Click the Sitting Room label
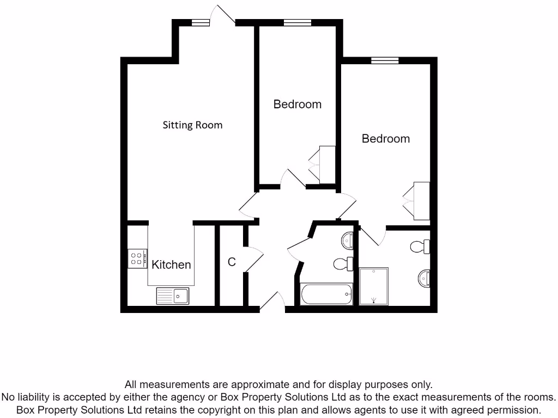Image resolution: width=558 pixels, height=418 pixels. coord(192,125)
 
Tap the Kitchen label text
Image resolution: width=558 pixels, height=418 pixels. coord(171,265)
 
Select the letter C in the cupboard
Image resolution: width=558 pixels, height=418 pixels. coord(232,262)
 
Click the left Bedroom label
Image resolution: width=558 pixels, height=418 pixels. coord(297,104)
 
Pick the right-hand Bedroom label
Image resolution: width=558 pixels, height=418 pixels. coord(385,139)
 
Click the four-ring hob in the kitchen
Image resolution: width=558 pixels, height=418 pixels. coord(137,259)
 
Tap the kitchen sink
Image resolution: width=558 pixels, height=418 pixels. coord(173,296)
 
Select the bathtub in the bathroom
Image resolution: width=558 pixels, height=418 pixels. coord(326,294)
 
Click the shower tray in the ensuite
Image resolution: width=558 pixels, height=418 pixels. coord(374,286)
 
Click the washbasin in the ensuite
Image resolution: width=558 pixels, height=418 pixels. coord(424,279)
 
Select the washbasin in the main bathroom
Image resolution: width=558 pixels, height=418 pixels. coord(348,239)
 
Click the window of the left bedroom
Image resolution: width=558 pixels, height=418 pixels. coord(297,23)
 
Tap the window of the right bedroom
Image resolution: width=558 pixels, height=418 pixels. coord(385,60)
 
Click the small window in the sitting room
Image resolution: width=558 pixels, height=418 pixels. coord(200,23)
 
